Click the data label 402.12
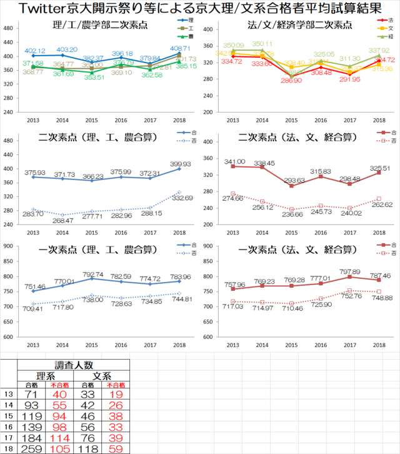[35, 51]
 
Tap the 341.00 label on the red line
[232, 161]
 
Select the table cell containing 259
[31, 448]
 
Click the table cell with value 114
[60, 437]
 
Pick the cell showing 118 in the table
[88, 448]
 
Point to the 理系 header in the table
[46, 376]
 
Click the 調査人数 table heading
[74, 365]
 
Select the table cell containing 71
[31, 395]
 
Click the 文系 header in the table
[102, 376]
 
